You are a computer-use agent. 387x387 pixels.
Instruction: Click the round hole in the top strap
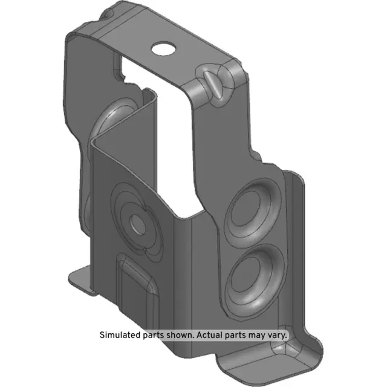pyautogui.click(x=163, y=47)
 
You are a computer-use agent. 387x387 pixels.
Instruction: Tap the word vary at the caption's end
pyautogui.click(x=278, y=334)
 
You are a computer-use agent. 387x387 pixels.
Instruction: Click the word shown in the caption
pyautogui.click(x=178, y=334)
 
